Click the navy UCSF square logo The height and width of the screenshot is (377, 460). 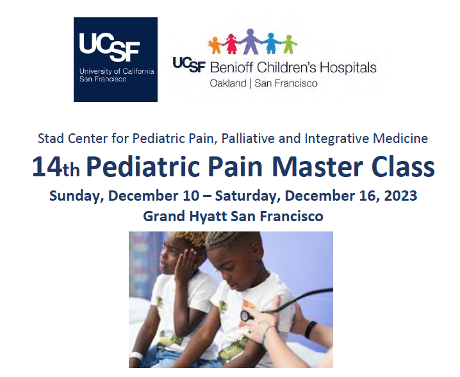[x=115, y=60]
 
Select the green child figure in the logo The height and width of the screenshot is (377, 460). [x=290, y=44]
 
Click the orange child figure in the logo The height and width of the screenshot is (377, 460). [x=215, y=45]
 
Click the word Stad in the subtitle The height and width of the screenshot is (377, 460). [x=49, y=138]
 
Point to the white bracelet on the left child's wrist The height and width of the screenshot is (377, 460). [x=135, y=355]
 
